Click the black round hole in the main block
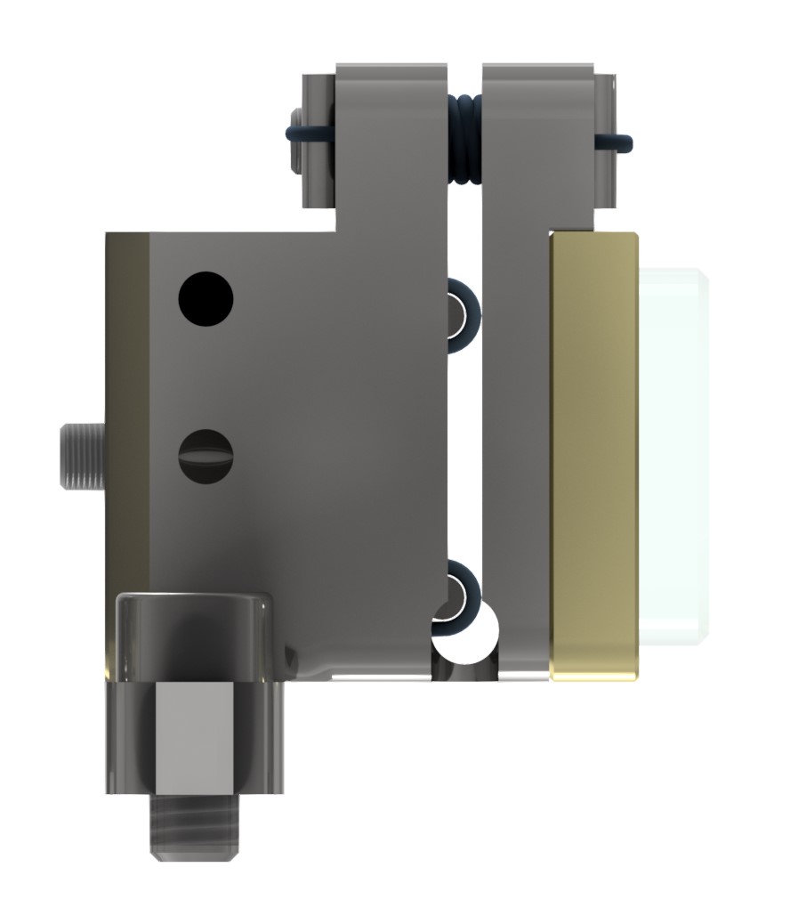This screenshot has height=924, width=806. point(206,297)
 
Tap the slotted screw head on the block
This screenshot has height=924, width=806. point(206,457)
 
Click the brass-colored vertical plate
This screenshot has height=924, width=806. point(594,454)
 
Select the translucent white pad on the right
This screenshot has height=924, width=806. point(674,454)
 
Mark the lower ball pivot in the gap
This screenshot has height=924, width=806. point(459,591)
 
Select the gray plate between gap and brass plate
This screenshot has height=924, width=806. point(516,445)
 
